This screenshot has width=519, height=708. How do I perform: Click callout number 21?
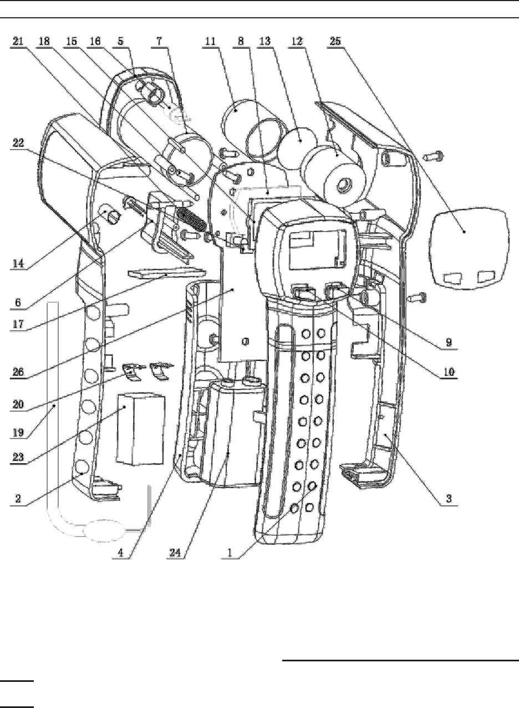tap(18, 42)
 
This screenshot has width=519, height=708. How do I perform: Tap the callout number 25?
tap(335, 42)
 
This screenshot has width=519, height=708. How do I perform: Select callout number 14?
tap(18, 263)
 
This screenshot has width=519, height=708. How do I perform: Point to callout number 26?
tap(18, 372)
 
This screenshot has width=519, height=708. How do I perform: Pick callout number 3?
tap(449, 499)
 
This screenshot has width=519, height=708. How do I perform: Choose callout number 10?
tap(449, 372)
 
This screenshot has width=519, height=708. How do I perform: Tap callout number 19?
tap(18, 433)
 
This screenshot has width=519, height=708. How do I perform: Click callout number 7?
tap(159, 42)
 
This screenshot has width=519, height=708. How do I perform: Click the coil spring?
tap(191, 219)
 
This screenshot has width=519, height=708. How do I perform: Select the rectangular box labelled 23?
tap(141, 429)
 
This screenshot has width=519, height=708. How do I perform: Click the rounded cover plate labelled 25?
tap(469, 249)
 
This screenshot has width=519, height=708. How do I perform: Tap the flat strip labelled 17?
tap(167, 273)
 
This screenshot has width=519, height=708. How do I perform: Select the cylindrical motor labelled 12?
tap(333, 170)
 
